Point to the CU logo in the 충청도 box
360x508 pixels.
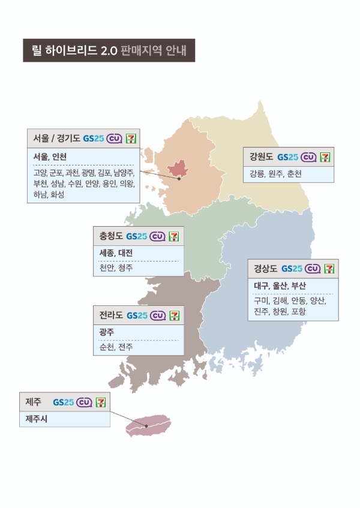tap(157, 236)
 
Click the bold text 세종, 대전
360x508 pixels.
tap(116, 253)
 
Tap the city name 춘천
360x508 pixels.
tap(294, 174)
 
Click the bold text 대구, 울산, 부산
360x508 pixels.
tap(280, 285)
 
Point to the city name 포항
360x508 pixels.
tap(298, 311)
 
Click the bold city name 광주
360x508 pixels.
tap(107, 332)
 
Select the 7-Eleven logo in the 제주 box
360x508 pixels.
tap(101, 401)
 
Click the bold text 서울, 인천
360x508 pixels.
tap(50, 156)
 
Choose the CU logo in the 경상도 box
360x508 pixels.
tap(312, 268)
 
